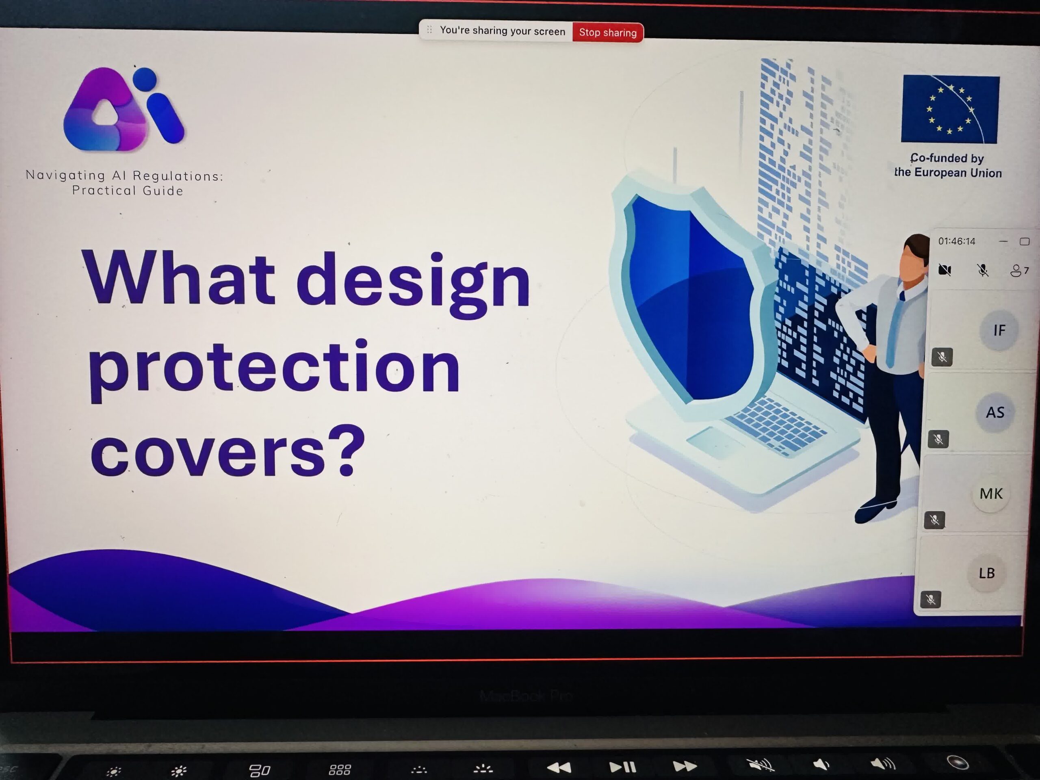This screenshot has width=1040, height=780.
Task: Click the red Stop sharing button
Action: tap(607, 32)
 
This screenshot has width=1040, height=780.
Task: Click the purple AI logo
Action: tap(123, 109)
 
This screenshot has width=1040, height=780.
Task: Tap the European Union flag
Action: tap(950, 109)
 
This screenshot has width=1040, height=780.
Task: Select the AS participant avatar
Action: tap(995, 412)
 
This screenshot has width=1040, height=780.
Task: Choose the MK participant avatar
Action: tap(990, 494)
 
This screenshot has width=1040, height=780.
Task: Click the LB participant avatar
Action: tap(986, 573)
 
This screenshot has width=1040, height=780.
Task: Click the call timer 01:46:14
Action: tap(956, 242)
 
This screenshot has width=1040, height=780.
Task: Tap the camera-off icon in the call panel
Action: tap(945, 270)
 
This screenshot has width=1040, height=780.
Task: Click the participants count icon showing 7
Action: tap(1019, 270)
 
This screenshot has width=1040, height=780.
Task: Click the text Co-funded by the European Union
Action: tap(948, 165)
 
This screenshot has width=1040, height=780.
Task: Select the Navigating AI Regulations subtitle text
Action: tap(125, 183)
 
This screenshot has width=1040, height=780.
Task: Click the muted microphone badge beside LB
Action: tap(930, 600)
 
